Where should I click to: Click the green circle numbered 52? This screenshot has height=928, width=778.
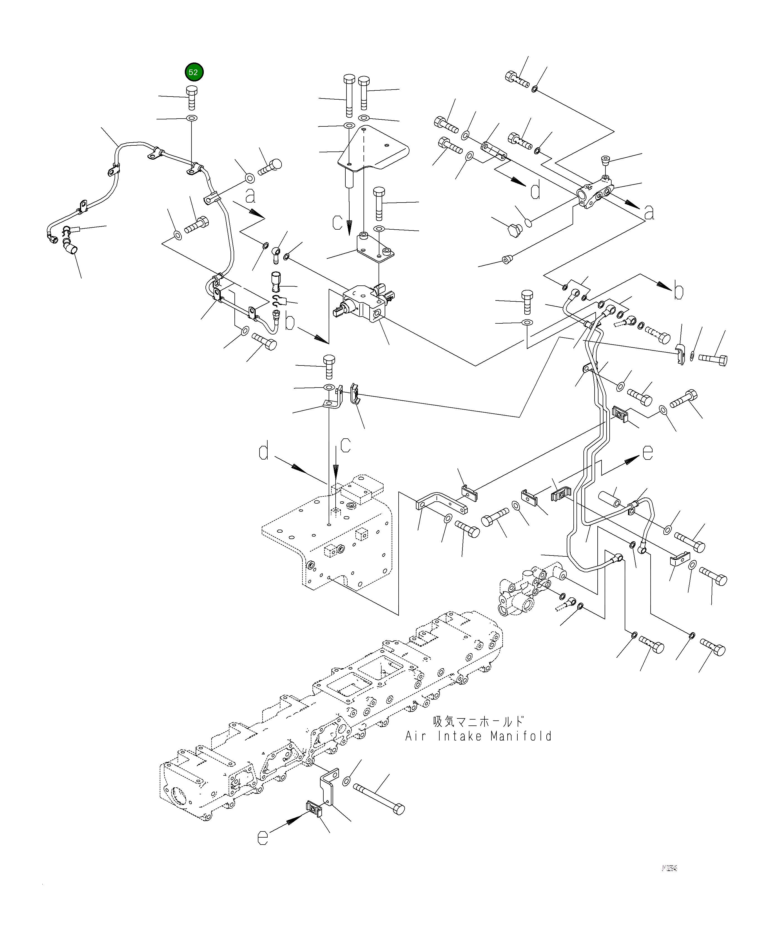pyautogui.click(x=193, y=72)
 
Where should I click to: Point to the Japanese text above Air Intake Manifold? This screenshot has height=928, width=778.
pyautogui.click(x=478, y=722)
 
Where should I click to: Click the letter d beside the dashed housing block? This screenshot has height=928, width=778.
pyautogui.click(x=264, y=452)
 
